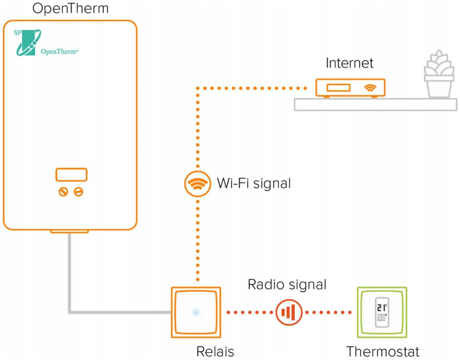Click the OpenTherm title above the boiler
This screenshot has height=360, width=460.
70,9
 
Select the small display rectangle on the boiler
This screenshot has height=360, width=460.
71,175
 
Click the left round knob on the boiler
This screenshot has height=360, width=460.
63,191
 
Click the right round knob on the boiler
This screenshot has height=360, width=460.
79,191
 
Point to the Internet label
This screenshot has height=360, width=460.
349,63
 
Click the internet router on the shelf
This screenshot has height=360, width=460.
350,88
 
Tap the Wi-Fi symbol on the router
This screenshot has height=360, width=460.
370,88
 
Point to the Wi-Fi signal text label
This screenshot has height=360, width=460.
254,183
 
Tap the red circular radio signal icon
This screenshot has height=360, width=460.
289,313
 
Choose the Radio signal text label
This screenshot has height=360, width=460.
287,285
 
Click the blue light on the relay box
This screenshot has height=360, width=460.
195,313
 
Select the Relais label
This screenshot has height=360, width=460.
215,352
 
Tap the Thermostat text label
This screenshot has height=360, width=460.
382,352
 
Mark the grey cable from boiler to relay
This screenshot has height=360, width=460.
70,287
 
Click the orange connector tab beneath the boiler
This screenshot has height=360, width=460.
69,231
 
